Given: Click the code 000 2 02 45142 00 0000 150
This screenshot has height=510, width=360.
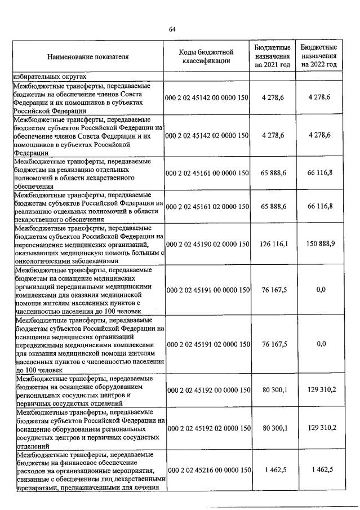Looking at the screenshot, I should pyautogui.click(x=207, y=98).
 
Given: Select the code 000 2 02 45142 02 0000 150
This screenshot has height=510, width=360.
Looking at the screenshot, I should pyautogui.click(x=207, y=136).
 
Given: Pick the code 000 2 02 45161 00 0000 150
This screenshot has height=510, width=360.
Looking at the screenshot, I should pyautogui.click(x=207, y=174).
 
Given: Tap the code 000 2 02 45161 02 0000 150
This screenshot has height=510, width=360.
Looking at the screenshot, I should pyautogui.click(x=207, y=207).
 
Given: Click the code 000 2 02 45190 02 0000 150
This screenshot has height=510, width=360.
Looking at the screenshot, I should pyautogui.click(x=207, y=245).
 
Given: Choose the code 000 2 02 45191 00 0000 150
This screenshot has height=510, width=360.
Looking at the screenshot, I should pyautogui.click(x=207, y=290).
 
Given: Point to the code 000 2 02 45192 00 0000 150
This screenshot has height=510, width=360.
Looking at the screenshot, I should pyautogui.click(x=207, y=389).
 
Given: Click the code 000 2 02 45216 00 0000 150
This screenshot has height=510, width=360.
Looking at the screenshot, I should pyautogui.click(x=207, y=469).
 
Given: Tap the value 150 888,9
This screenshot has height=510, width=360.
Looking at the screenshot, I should pyautogui.click(x=319, y=245).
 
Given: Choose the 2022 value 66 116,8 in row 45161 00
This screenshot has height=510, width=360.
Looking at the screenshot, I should pyautogui.click(x=319, y=174).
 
